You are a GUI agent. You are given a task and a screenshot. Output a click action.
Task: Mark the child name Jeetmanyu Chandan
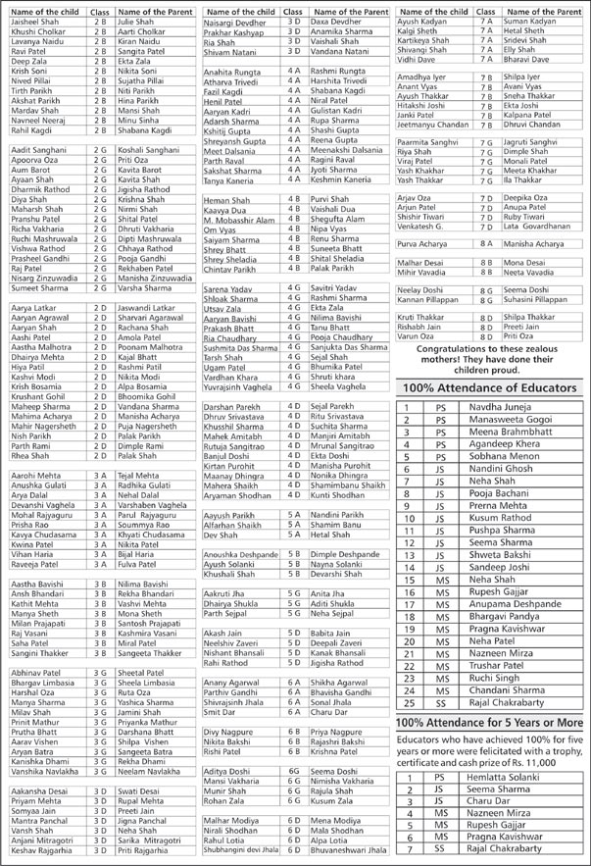click(x=436, y=125)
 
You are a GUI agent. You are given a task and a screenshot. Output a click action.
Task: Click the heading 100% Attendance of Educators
click(x=492, y=388)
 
